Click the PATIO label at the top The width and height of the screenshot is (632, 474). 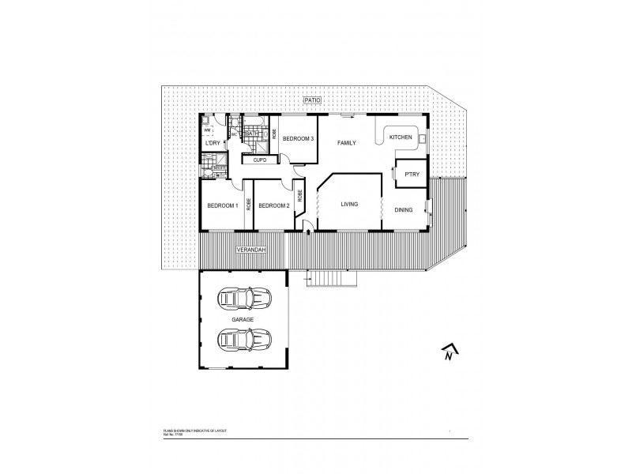318,101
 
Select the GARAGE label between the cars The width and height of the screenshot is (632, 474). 243,318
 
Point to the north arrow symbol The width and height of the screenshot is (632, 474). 448,352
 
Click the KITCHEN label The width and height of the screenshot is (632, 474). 401,137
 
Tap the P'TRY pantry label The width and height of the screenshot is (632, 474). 411,174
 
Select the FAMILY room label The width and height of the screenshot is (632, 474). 347,143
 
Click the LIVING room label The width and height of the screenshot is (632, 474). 349,205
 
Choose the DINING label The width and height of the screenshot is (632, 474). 404,209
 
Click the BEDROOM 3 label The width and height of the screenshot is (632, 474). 299,138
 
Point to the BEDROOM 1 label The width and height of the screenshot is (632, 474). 222,205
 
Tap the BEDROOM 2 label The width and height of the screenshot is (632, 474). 273,205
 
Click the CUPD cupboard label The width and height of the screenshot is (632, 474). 259,160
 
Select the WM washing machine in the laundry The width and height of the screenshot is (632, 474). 208,130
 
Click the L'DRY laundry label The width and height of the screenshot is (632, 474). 213,143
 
